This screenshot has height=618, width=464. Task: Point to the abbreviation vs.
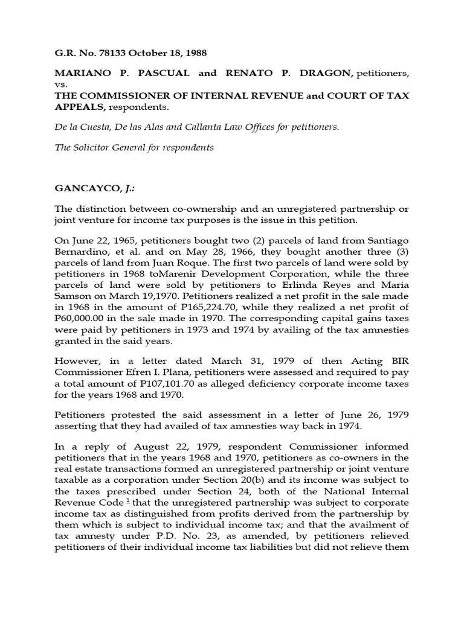pyautogui.click(x=60, y=86)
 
